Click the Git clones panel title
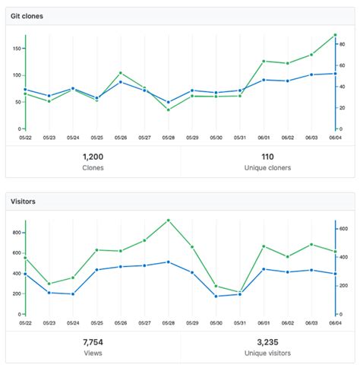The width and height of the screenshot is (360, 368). (x=26, y=16)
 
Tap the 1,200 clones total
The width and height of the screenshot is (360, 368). (x=93, y=156)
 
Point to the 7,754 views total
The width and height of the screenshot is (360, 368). (x=93, y=342)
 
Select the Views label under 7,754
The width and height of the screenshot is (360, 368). (x=93, y=354)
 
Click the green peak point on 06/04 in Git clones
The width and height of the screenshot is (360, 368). (x=334, y=35)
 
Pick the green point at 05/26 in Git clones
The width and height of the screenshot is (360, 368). (x=121, y=73)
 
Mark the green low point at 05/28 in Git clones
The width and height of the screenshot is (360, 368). (x=168, y=109)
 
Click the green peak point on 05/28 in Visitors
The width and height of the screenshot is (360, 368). (x=168, y=220)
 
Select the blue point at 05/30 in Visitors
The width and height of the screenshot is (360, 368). (x=216, y=296)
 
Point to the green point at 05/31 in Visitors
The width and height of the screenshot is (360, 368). (x=240, y=292)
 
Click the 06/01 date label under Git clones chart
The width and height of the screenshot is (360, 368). (x=264, y=138)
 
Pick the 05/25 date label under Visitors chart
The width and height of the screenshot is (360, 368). (x=97, y=324)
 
